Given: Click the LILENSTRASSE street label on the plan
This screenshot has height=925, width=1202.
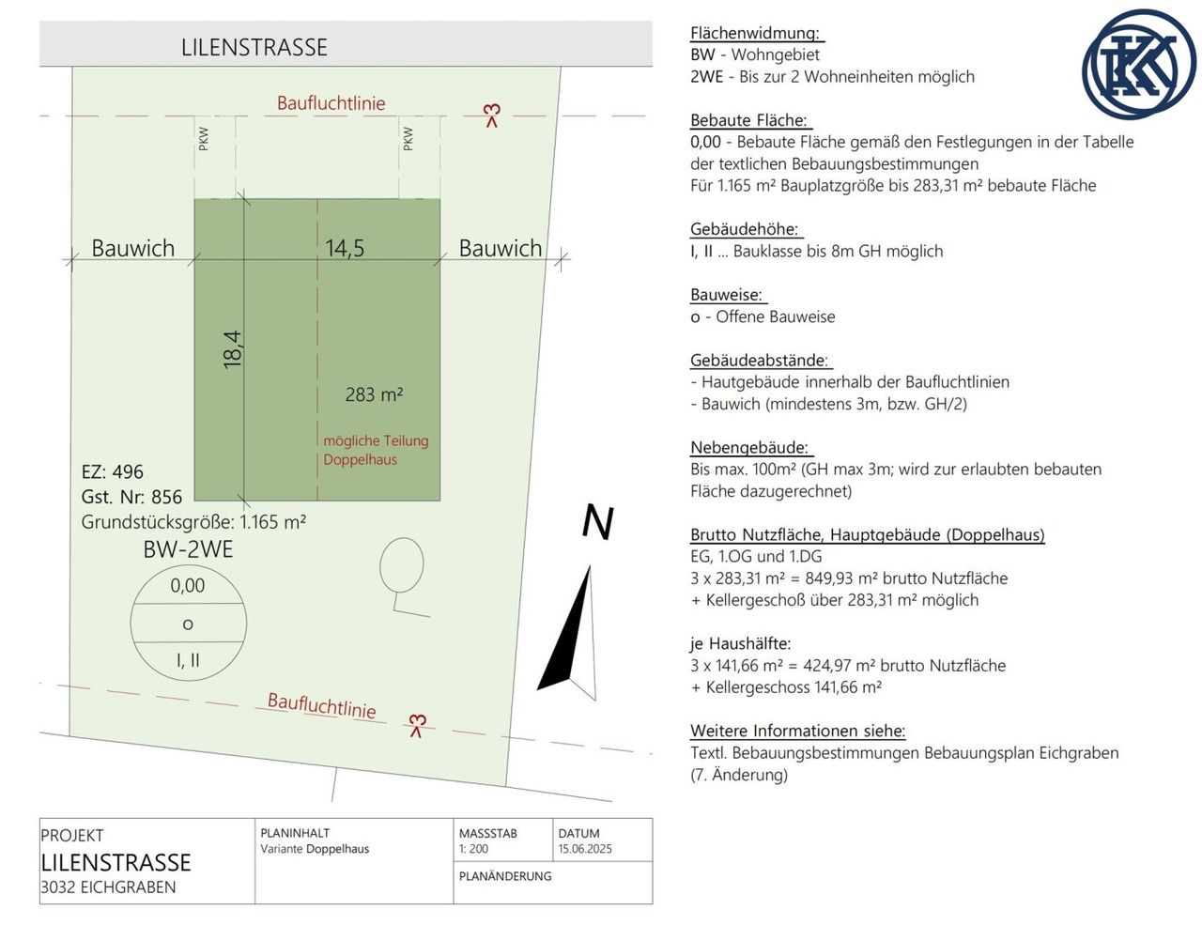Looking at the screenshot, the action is [x=254, y=48].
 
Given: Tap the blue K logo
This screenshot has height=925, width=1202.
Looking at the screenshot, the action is [x=1138, y=64].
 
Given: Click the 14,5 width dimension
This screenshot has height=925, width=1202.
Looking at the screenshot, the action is [x=345, y=248].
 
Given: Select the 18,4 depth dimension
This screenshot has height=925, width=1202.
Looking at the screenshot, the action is [x=233, y=350].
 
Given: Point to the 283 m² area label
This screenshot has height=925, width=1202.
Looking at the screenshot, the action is [x=374, y=394].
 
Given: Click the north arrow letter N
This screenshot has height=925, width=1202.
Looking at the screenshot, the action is [x=598, y=522].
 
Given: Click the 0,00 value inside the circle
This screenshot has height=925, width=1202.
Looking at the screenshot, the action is [x=188, y=585].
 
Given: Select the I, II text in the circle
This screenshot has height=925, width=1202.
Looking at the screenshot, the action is [x=188, y=660].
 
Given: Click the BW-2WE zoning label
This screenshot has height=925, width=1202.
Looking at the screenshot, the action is [x=188, y=549].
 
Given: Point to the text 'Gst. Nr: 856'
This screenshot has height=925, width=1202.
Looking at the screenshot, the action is [x=131, y=497].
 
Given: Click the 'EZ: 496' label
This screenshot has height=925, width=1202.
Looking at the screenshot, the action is [x=113, y=471].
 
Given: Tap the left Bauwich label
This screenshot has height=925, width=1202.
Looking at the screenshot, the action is [x=132, y=248].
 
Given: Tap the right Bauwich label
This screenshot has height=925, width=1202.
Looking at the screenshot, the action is [x=501, y=248].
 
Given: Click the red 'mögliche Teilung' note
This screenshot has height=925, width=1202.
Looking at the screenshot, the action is [x=377, y=440].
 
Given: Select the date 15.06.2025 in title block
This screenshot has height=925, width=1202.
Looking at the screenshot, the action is [x=585, y=849].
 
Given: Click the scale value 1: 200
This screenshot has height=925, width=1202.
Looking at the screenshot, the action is [x=473, y=849].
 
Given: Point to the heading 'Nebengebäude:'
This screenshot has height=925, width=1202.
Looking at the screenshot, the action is [x=749, y=447].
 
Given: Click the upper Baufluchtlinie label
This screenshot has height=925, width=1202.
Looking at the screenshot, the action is [x=331, y=103].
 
